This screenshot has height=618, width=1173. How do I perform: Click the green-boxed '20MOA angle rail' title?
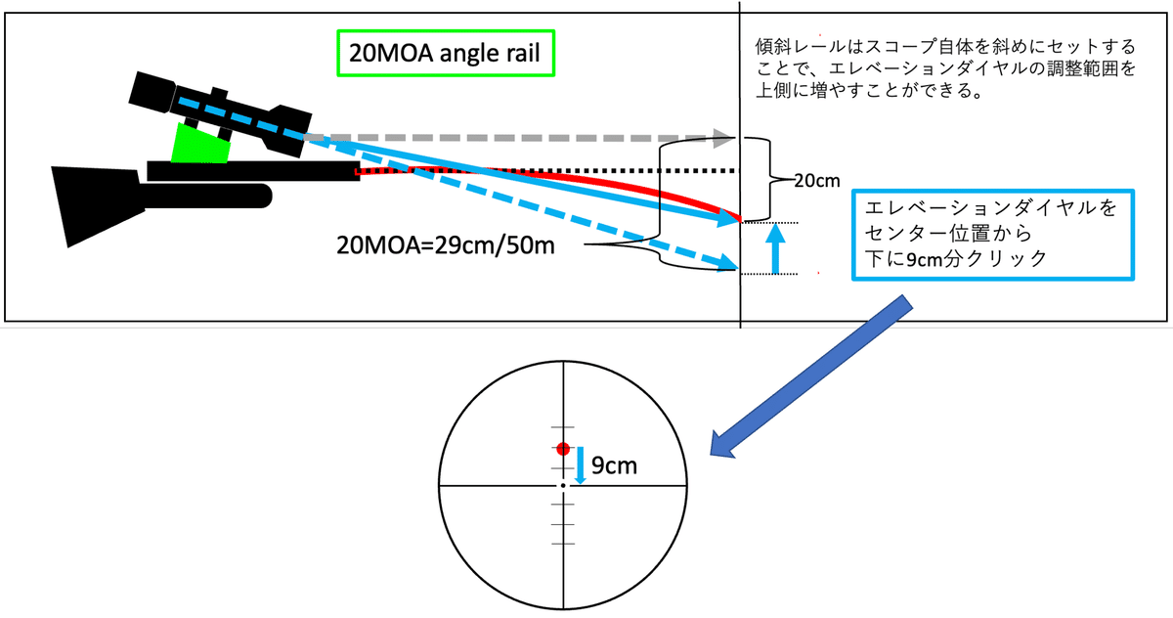tap(445, 53)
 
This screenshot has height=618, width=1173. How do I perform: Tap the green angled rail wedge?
tap(200, 145)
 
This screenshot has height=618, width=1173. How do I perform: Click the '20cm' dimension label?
tap(816, 181)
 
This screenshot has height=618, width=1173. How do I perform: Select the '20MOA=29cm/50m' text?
tap(445, 245)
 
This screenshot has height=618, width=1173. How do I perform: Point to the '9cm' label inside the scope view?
tap(614, 465)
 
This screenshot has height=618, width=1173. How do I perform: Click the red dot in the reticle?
tap(563, 449)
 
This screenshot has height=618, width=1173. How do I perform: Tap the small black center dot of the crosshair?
tap(563, 485)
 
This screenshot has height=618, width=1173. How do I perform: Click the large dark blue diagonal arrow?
tap(810, 376)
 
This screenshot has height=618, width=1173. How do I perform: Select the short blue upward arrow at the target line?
tap(775, 248)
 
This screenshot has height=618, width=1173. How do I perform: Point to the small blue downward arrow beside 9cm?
tap(580, 465)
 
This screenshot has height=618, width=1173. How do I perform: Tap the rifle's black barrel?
tap(253, 171)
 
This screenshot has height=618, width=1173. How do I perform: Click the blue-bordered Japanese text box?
tap(993, 235)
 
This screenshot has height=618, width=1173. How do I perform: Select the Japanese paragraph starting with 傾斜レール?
tap(945, 68)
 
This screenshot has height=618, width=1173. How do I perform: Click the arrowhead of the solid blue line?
tap(729, 218)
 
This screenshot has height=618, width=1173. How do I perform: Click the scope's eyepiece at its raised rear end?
tap(152, 92)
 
